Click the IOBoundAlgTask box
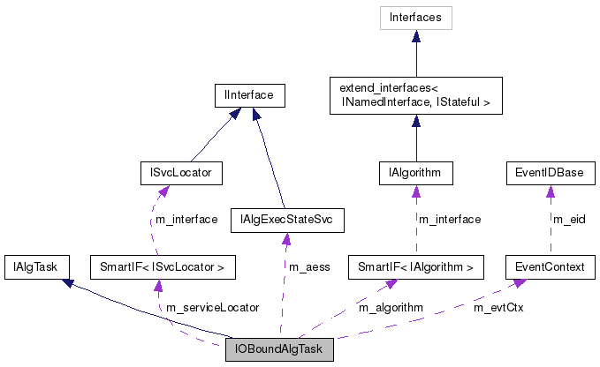[x=279, y=349]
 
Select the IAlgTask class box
[x=30, y=266]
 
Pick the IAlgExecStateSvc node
[x=285, y=218]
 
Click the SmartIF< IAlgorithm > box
[x=416, y=266]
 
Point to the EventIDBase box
[x=549, y=172]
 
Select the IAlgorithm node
[x=415, y=172]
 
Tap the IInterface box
[x=249, y=94]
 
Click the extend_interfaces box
[x=415, y=94]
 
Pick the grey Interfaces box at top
[x=415, y=17]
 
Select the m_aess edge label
[x=309, y=266]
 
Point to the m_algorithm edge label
[x=391, y=308]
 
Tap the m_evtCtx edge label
[x=498, y=308]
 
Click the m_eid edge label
[x=569, y=218]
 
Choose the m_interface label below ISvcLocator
[x=186, y=220]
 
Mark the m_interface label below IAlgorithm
[x=450, y=220]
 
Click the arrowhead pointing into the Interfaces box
[x=415, y=35]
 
